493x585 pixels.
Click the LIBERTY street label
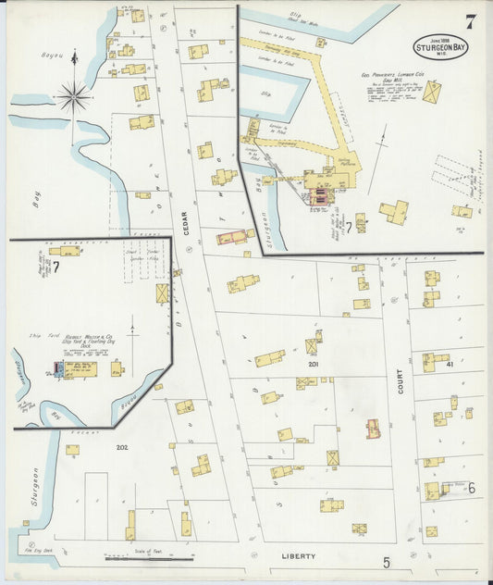[x=299, y=556]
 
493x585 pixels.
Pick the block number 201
[x=314, y=364]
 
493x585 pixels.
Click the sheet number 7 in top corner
[x=471, y=19]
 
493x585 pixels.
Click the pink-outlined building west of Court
[x=373, y=429]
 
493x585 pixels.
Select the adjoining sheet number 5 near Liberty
[x=387, y=560]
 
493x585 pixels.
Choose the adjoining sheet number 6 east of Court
[x=470, y=488]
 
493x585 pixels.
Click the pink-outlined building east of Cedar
[x=234, y=237]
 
